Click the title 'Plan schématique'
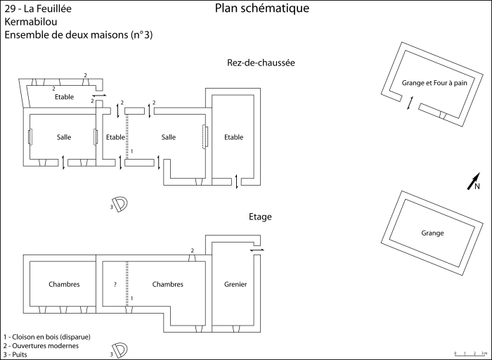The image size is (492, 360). (x=261, y=8)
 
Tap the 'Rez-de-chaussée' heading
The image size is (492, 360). (x=260, y=63)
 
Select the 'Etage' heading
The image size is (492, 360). (x=260, y=217)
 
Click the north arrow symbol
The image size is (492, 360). (x=474, y=181)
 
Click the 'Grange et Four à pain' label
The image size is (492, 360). (x=434, y=83)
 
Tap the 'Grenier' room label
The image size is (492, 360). (x=235, y=284)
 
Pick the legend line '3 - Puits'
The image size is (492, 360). (x=20, y=354)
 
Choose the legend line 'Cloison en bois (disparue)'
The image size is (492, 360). (x=47, y=336)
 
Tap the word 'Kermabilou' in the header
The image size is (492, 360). (x=30, y=22)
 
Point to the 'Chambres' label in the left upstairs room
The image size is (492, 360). (x=64, y=284)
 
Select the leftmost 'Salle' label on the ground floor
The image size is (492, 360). (x=64, y=137)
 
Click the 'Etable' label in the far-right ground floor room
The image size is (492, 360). (x=234, y=137)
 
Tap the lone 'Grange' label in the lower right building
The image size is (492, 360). (x=432, y=233)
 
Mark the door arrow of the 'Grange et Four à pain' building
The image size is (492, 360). (x=410, y=103)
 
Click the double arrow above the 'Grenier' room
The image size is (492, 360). (x=257, y=249)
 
